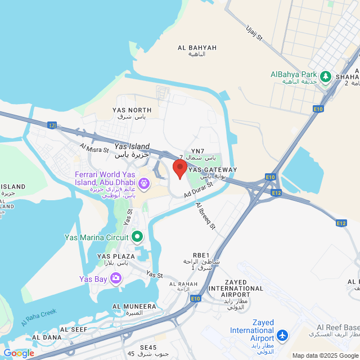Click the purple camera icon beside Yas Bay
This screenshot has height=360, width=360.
coord(116,278)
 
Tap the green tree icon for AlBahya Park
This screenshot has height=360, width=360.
coord(325,75)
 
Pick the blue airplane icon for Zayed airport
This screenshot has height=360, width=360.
coord(282,336)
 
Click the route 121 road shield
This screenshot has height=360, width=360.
coord(52,125)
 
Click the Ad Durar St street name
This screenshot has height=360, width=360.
coord(200,190)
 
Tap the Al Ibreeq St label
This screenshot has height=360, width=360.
coord(206,217)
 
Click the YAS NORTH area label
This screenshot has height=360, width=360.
coord(132,110)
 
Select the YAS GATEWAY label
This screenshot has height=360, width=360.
coord(213,169)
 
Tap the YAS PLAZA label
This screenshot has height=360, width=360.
coord(116,256)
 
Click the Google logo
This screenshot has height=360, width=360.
coord(19,353)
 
